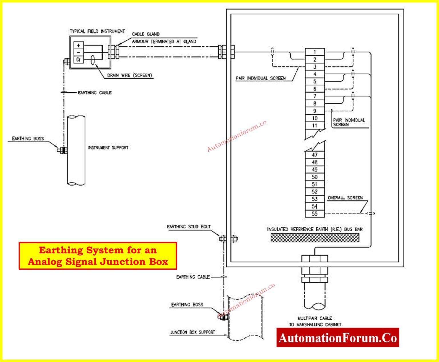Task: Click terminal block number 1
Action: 315,52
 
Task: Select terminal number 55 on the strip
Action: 315,214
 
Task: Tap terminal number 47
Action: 315,155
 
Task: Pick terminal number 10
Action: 315,118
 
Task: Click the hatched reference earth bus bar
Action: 315,238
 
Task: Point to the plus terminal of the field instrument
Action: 79,45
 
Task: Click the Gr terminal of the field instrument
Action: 79,59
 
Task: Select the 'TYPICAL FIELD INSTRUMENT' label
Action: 97,31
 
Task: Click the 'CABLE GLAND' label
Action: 146,34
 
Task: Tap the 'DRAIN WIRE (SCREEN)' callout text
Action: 129,75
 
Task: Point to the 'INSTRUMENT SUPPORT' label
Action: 108,148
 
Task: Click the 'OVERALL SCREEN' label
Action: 345,198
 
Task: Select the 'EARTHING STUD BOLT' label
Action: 189,227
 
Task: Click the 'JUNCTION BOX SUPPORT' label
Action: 193,332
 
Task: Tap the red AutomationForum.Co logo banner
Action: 338,338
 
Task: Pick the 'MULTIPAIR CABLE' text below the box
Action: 315,318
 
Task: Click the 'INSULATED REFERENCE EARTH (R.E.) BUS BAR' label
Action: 315,229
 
